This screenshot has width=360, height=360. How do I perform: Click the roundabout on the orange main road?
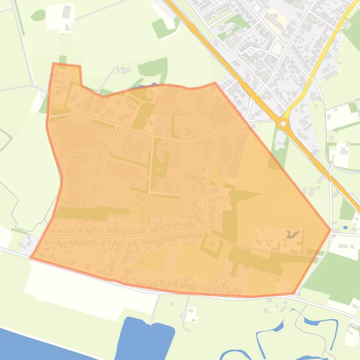(x=283, y=124)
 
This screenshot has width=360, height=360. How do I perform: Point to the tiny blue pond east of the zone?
(x=345, y=228)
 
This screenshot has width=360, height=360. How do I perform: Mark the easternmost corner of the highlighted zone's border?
(x=330, y=230)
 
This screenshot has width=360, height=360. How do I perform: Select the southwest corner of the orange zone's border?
(x=31, y=257)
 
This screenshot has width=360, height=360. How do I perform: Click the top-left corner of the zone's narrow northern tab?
(x=54, y=64)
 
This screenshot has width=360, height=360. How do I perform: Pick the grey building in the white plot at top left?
(x=66, y=11)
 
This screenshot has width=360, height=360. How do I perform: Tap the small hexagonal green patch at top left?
(x=38, y=15)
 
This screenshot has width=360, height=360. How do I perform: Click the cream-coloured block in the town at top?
(x=274, y=19)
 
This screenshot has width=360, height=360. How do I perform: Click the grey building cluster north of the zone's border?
(x=125, y=71)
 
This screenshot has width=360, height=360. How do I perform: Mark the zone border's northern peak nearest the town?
(x=215, y=83)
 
